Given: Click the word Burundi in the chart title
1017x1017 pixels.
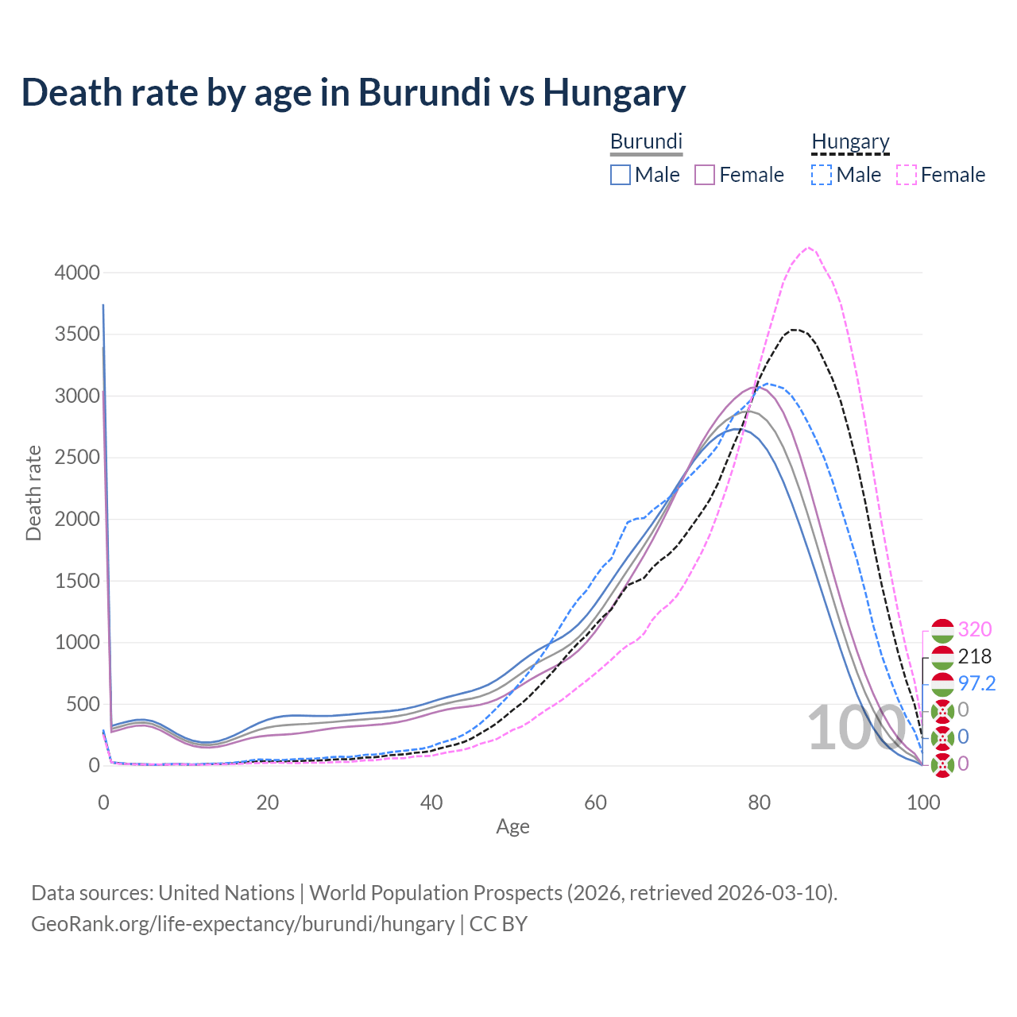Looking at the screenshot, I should (424, 92).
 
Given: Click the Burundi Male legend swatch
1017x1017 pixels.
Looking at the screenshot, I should (621, 175).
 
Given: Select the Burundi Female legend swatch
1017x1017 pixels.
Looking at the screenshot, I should (706, 175).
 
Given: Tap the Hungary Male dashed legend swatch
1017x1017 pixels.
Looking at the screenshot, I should (822, 175).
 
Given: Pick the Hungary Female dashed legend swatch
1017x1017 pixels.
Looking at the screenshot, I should (907, 175).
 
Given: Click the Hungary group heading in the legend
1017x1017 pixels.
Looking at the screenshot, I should (850, 141).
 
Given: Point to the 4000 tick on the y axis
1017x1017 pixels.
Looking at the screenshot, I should (77, 273).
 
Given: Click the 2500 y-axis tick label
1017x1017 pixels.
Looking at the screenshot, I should (77, 458).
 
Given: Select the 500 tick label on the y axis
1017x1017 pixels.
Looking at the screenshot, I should (82, 704).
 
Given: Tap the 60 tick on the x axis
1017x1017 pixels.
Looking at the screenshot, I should (595, 802).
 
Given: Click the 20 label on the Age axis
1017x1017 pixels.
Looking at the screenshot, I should (267, 802).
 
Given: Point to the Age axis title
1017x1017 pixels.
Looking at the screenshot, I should (512, 827).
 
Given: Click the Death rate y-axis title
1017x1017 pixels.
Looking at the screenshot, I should (33, 493).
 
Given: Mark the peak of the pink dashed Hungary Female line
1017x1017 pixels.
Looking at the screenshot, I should (808, 248).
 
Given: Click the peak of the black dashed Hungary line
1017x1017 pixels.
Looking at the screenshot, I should (794, 330).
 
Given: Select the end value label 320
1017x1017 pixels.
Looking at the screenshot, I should (975, 629).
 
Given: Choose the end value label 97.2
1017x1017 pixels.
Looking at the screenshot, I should (976, 683).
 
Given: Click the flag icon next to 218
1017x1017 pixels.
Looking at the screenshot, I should (942, 657).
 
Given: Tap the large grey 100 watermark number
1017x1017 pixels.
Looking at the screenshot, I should (856, 728).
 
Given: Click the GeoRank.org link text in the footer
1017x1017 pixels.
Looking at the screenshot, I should (242, 924).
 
